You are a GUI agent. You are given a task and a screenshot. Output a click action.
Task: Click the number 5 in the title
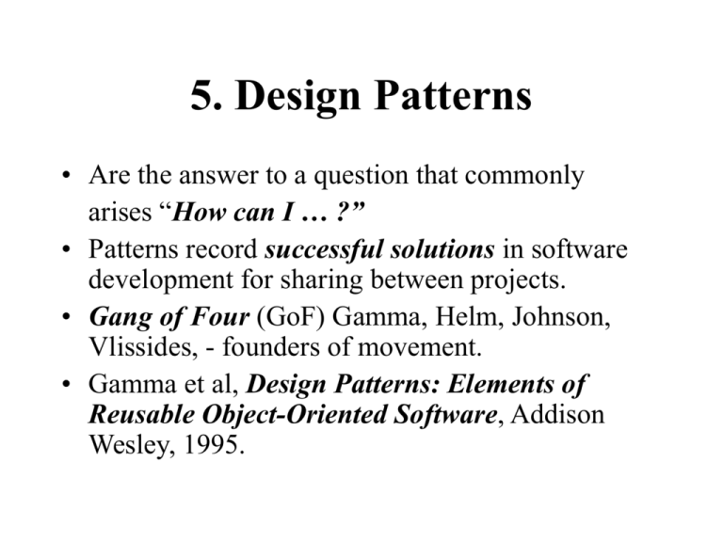(201, 97)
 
